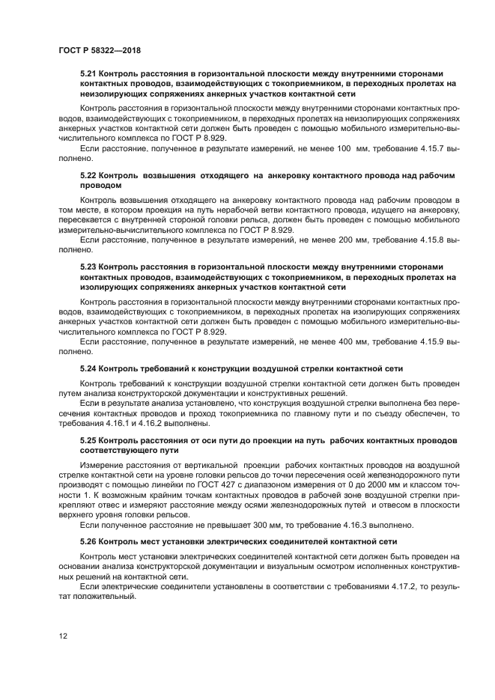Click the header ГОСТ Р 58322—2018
99,50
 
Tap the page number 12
63,636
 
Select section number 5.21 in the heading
88,75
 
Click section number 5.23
88,267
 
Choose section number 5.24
88,368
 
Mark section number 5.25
88,442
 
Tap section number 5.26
88,541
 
